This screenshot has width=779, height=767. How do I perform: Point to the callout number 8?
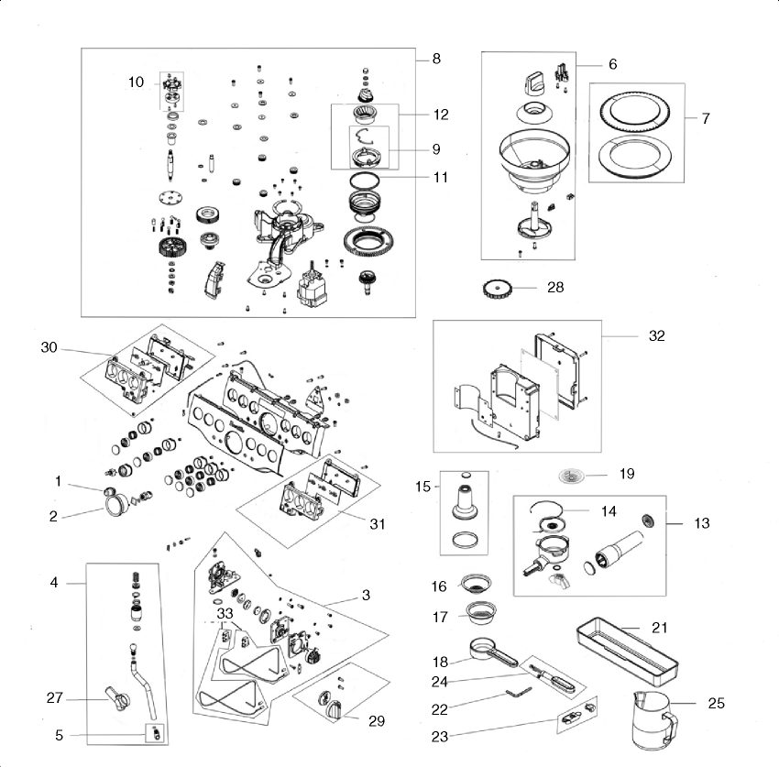(436, 59)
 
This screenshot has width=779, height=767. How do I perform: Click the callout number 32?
(655, 336)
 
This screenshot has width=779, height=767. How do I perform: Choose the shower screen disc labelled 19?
(573, 475)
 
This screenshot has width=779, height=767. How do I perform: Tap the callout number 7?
(705, 119)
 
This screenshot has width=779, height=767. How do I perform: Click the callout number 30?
(49, 346)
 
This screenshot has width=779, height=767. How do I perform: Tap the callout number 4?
(54, 583)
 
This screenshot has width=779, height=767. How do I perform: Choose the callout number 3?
(366, 596)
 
